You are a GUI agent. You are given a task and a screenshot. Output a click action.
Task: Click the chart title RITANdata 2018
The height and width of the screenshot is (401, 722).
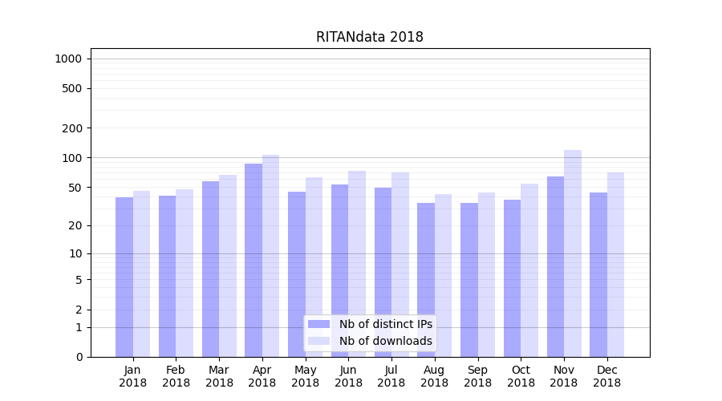(369, 37)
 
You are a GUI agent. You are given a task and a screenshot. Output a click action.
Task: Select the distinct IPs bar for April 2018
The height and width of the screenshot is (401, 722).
(254, 260)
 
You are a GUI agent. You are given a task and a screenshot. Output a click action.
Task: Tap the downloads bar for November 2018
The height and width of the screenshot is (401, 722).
(573, 253)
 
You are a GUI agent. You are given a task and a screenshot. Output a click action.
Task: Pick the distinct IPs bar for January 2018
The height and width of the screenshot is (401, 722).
(124, 277)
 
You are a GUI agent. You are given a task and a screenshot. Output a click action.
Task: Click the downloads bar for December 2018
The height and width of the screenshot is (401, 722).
(615, 265)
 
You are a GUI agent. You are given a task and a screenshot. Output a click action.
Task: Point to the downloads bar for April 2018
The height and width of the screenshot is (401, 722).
(270, 256)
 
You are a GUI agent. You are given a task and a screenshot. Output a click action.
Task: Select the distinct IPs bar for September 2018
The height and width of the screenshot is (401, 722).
(469, 280)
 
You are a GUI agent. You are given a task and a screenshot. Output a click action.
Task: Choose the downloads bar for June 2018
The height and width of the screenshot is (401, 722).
(357, 264)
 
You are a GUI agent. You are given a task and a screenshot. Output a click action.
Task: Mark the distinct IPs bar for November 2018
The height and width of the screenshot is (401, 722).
(555, 266)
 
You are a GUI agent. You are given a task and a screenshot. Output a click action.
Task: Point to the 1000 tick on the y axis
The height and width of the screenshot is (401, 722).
(68, 59)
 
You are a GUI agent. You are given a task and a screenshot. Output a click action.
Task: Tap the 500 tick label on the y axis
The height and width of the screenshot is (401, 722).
(72, 88)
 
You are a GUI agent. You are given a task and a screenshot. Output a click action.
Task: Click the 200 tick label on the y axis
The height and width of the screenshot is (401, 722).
(72, 128)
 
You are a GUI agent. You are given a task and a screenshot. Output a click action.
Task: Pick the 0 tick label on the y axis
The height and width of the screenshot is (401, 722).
(79, 357)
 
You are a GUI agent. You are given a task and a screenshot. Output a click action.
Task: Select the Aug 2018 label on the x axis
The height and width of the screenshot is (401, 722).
(434, 376)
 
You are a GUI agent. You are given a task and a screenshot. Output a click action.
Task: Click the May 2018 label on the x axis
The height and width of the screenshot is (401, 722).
(305, 376)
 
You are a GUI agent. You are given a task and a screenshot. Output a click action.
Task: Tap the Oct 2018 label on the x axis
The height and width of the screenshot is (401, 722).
(521, 376)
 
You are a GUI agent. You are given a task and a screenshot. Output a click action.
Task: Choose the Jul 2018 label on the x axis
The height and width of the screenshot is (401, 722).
(391, 376)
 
